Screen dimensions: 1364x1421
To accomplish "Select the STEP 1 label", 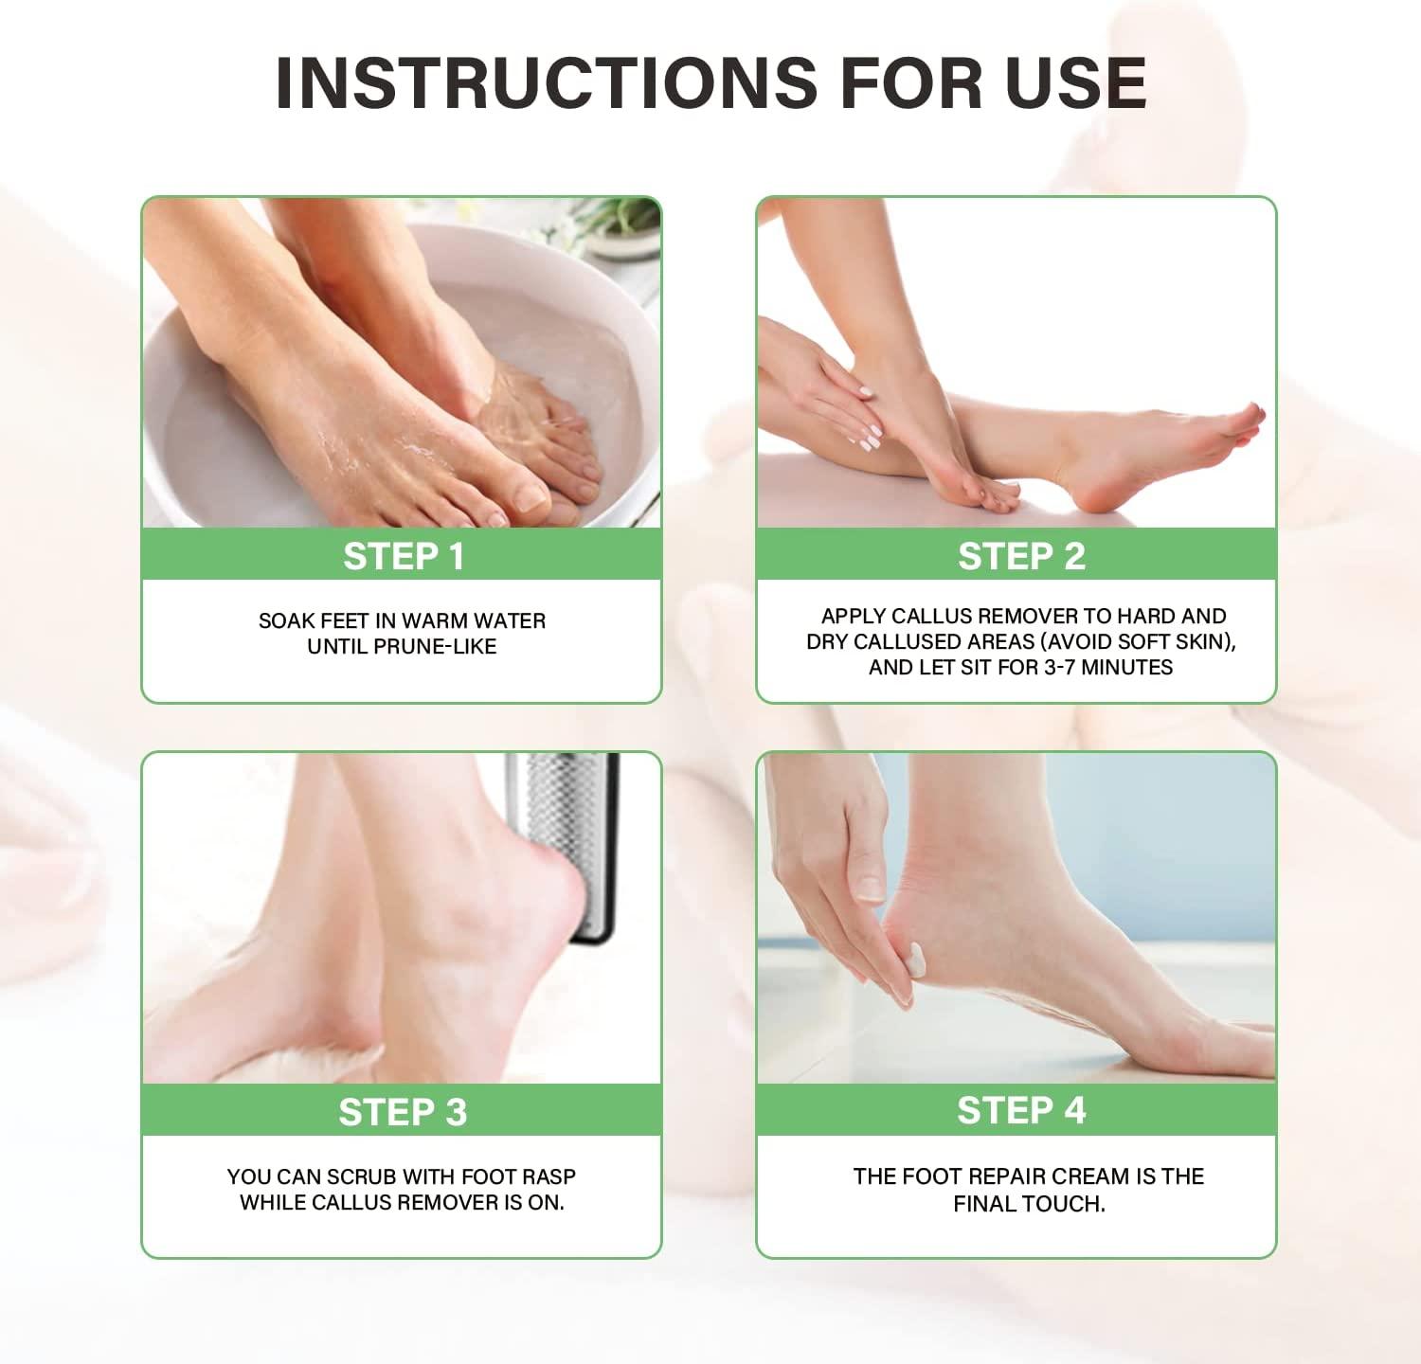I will pyautogui.click(x=403, y=557).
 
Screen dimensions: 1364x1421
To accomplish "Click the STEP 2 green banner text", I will pyautogui.click(x=1020, y=557).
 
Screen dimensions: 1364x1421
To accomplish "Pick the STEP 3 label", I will pyautogui.click(x=403, y=1112).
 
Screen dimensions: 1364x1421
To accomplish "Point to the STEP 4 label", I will pyautogui.click(x=1020, y=1110).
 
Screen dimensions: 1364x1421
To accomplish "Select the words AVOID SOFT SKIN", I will pyautogui.click(x=1141, y=642).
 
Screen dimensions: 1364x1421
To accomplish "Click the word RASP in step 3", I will pyautogui.click(x=549, y=1176).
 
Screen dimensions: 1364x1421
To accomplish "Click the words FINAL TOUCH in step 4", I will pyautogui.click(x=1029, y=1204).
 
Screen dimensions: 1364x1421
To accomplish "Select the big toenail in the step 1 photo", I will pyautogui.click(x=530, y=496).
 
